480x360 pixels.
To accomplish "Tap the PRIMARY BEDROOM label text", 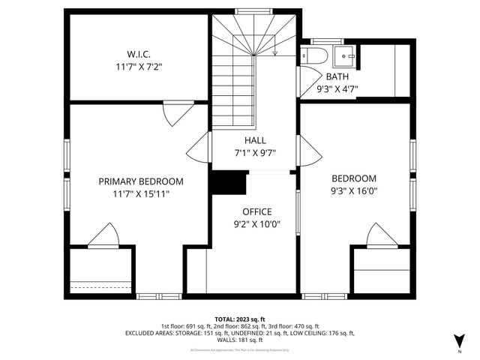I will [141, 181].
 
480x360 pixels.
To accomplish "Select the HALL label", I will [255, 140].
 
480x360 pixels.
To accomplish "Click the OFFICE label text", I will [256, 211].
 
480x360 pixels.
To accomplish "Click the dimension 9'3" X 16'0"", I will [354, 191].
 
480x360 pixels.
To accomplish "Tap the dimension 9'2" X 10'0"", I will [256, 223].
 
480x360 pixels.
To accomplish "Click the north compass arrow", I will [459, 339].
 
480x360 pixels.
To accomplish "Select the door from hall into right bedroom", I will [308, 151].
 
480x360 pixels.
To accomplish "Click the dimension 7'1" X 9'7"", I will [255, 152].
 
